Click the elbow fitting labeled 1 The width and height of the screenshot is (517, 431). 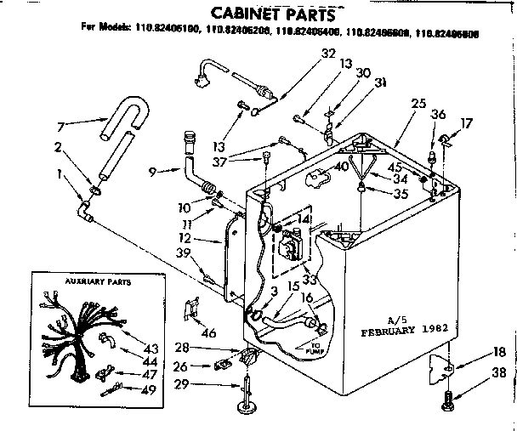84,207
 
